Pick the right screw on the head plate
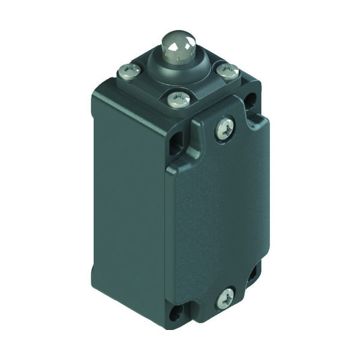tap(229, 72)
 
